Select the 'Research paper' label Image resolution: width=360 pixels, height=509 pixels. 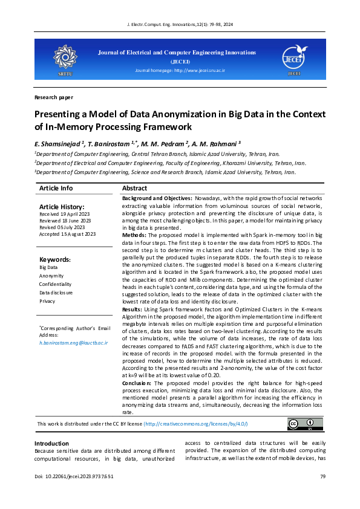click(54, 97)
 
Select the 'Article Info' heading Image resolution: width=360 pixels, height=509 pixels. click(56, 189)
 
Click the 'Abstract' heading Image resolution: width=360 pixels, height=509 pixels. click(135, 189)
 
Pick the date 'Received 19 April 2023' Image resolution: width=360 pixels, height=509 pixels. click(65, 214)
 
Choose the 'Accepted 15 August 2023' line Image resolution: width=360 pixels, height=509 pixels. click(67, 234)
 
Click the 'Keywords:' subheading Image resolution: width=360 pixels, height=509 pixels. click(55, 259)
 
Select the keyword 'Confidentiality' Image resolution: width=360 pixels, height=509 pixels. click(56, 284)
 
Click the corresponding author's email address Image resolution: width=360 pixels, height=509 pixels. click(73, 343)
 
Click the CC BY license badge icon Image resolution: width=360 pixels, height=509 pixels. click(301, 424)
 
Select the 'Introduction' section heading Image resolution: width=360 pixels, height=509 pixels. click(51, 444)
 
